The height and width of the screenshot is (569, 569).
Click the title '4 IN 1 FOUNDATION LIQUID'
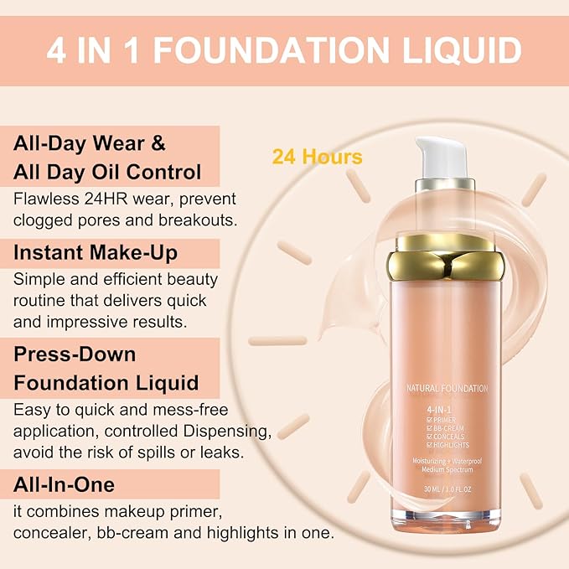tap(284, 50)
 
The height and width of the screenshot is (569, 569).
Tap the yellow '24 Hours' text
tap(317, 157)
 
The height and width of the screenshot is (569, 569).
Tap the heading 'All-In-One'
tap(65, 484)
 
